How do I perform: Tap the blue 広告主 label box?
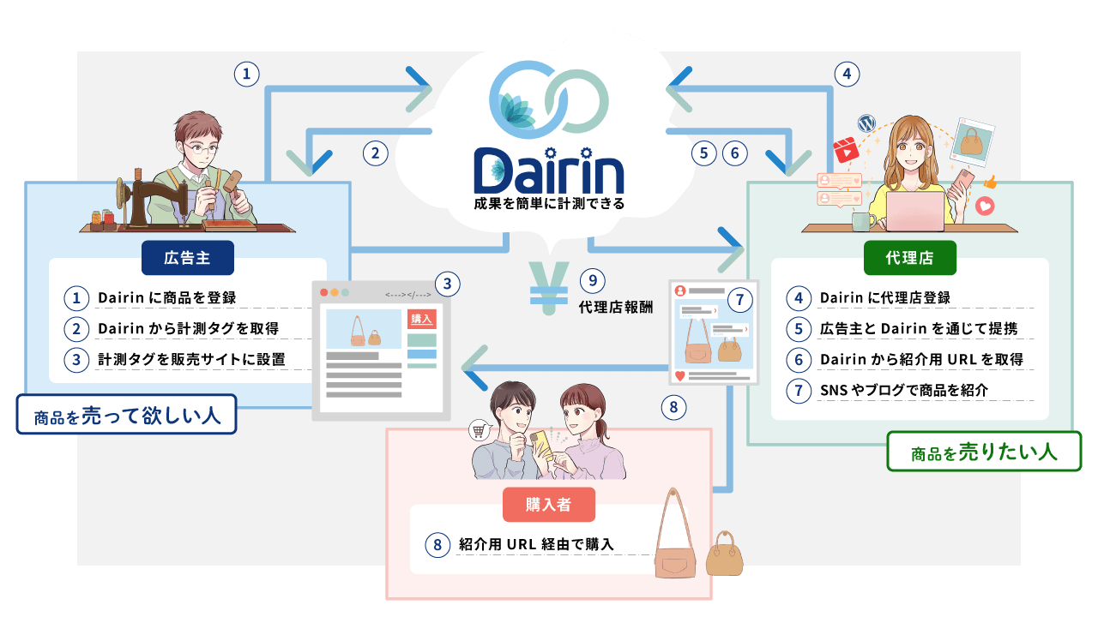point(188,255)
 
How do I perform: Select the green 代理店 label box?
point(909,256)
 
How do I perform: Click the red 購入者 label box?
point(548,504)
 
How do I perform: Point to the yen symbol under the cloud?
point(548,285)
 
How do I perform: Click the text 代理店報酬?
point(615,306)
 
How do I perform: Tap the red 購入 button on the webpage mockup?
point(422,319)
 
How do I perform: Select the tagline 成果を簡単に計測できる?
point(549,205)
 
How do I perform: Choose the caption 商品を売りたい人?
point(983,452)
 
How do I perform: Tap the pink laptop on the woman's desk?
point(914,211)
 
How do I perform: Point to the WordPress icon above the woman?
point(864,123)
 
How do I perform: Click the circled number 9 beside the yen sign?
point(592,280)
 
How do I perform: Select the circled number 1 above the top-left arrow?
point(246,75)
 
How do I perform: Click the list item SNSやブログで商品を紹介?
point(904,390)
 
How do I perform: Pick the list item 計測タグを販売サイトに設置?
point(191,359)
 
